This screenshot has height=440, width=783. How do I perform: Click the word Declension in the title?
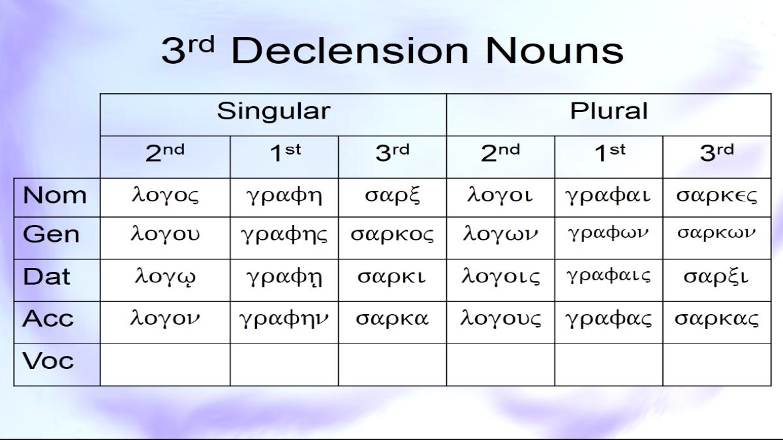(x=350, y=51)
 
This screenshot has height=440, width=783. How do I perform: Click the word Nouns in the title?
(x=555, y=51)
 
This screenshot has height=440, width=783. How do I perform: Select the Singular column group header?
(x=273, y=111)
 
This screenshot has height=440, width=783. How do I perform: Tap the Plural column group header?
(x=609, y=111)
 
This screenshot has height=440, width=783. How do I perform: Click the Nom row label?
(x=55, y=195)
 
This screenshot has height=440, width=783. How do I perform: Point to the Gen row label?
(x=51, y=234)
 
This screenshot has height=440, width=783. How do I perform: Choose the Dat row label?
(x=46, y=276)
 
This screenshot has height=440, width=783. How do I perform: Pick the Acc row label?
(x=48, y=318)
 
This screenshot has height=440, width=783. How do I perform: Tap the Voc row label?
(x=48, y=360)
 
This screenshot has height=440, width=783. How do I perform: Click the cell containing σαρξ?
(x=392, y=198)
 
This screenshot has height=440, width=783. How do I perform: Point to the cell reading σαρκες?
(x=717, y=198)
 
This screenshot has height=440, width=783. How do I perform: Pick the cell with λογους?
(x=500, y=322)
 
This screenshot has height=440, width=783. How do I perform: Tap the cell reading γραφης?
(x=284, y=238)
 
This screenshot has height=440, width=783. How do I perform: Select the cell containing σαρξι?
(x=717, y=280)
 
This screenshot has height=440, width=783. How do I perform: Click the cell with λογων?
(x=500, y=238)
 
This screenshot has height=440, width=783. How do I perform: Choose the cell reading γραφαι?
(x=609, y=198)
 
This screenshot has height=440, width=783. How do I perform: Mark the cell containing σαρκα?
(x=392, y=322)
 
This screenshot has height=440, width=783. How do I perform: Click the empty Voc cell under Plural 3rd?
(x=717, y=364)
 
